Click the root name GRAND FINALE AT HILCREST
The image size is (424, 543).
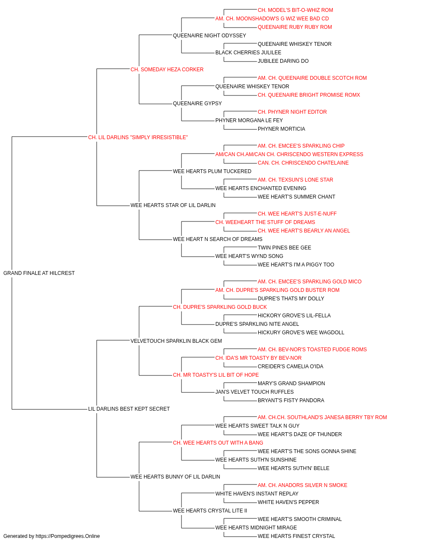[39, 273]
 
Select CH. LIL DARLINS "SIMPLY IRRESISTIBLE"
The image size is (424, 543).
[138, 137]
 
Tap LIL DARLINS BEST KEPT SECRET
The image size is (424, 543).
[129, 409]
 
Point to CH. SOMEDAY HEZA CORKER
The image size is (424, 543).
[167, 70]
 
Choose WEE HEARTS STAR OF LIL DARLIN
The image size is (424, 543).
[173, 205]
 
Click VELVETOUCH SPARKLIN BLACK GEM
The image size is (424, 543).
[176, 341]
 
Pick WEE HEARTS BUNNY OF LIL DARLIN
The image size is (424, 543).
[175, 477]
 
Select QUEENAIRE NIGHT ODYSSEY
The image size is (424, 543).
[209, 36]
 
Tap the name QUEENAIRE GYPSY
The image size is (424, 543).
[197, 104]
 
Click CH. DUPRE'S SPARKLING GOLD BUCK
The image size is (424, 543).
[220, 307]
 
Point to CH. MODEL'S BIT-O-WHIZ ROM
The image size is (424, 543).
[296, 10]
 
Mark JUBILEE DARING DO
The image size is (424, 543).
[283, 61]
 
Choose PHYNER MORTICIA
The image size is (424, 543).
[282, 129]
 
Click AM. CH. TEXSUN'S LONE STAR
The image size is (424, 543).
[296, 180]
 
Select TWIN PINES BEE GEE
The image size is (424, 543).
[285, 248]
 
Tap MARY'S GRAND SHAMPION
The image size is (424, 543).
[291, 383]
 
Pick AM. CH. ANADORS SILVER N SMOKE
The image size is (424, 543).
[302, 485]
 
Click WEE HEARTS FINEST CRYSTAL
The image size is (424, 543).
[296, 536]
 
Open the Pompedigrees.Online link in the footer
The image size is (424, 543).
[68, 536]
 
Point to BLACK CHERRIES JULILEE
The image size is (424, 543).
[248, 53]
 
